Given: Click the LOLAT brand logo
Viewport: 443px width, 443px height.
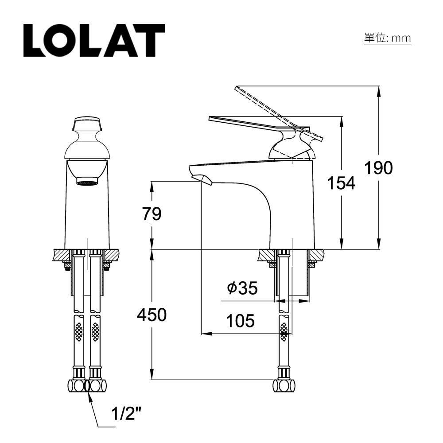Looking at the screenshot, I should coord(94,40).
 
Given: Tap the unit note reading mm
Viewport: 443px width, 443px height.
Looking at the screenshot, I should coord(387,38).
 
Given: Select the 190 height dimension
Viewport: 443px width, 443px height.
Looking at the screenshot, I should coord(378,168).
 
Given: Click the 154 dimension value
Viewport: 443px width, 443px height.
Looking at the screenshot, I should coord(341,183).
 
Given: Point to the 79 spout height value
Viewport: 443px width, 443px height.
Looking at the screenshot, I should coord(152,214).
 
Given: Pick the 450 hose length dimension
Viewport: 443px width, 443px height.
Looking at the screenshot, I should coord(152,315).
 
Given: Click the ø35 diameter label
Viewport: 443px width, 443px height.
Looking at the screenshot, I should coord(242,288).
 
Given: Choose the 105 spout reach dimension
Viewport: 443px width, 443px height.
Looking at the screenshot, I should coord(240,320).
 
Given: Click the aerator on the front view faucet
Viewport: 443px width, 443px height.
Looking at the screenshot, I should coord(87,182).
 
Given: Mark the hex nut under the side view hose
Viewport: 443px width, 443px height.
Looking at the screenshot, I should coord(284,385).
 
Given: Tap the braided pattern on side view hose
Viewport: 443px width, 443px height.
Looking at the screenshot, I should coord(284,331).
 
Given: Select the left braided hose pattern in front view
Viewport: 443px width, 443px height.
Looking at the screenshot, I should coord(79,331).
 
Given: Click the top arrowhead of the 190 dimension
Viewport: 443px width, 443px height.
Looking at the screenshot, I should coord(378,90).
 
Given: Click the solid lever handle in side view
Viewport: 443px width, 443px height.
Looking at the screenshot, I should coord(248,122).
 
